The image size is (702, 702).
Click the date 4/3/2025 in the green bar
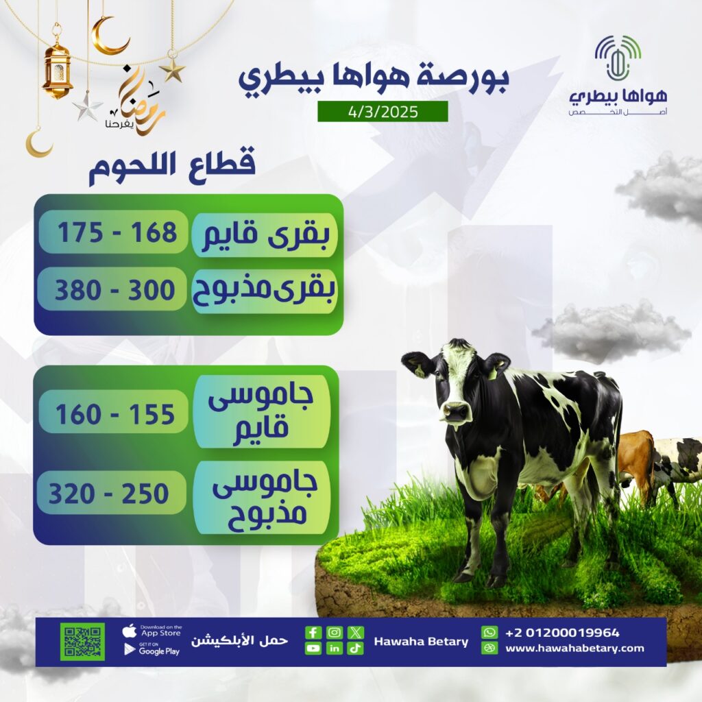[383, 112]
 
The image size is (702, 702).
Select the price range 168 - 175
[117, 232]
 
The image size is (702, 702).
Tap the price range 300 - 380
[114, 290]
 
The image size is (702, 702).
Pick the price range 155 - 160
[114, 413]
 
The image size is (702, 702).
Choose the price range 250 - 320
[108, 494]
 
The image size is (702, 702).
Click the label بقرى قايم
[265, 234]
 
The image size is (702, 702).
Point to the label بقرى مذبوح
[264, 290]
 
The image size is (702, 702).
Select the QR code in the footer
[82, 642]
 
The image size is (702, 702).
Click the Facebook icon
[313, 632]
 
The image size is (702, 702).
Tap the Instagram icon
[334, 632]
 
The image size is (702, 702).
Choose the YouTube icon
[313, 649]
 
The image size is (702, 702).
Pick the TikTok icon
[356, 649]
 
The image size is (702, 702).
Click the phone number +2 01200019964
[562, 633]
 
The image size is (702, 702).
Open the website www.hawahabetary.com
[574, 648]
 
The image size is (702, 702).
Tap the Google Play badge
[152, 650]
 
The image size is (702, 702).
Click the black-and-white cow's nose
[455, 411]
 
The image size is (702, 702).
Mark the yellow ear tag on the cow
[420, 370]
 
